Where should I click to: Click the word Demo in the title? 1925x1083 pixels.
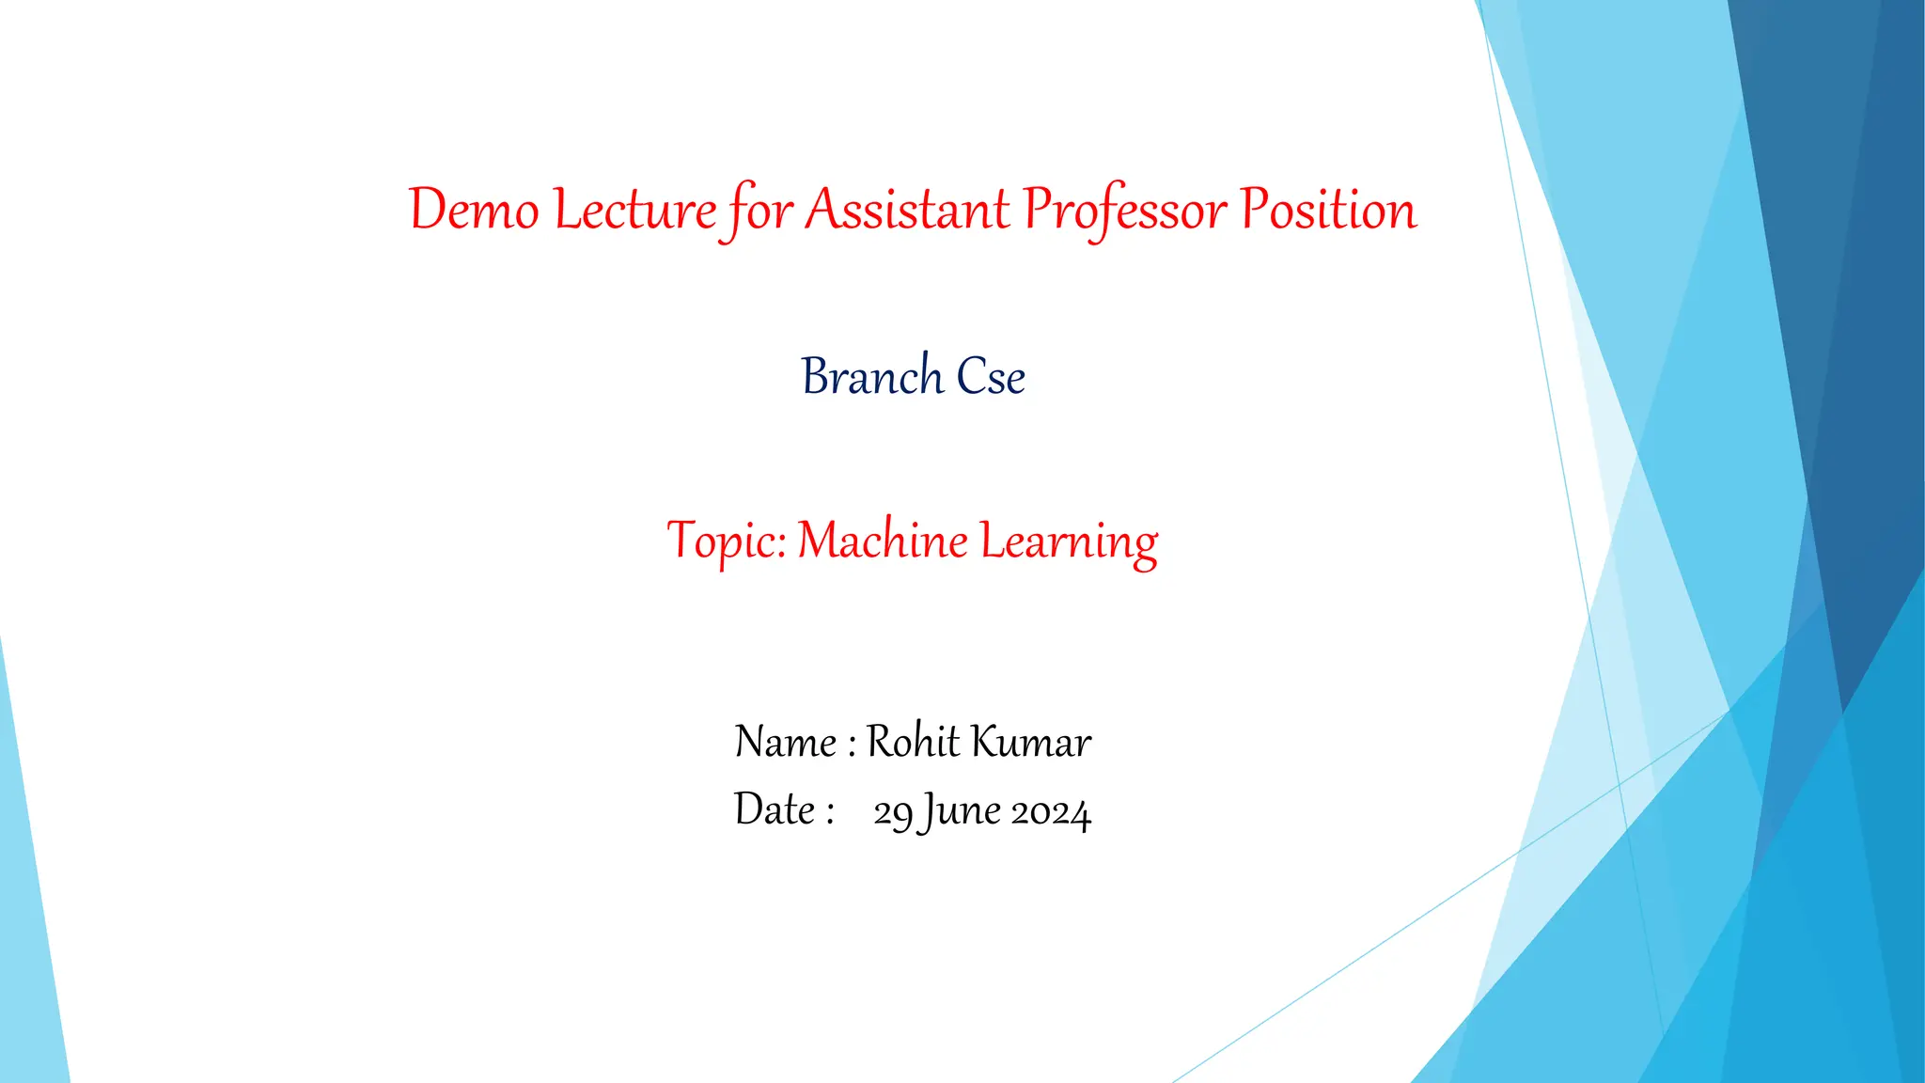tap(474, 210)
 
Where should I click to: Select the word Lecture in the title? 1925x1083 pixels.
tap(635, 210)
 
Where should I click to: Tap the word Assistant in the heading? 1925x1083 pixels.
tap(908, 210)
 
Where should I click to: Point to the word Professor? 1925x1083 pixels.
tap(1125, 210)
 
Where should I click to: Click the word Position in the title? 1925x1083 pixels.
tap(1328, 210)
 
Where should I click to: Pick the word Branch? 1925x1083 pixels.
tap(872, 377)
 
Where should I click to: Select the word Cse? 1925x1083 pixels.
tap(991, 377)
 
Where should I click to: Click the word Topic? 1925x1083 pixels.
tap(727, 542)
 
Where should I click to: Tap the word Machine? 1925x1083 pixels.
tap(883, 542)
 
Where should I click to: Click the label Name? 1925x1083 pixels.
tap(786, 742)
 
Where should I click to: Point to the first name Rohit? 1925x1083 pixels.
tap(913, 742)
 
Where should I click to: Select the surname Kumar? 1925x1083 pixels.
tap(1031, 742)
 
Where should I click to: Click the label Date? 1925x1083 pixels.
tap(775, 810)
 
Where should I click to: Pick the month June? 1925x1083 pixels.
tap(961, 812)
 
